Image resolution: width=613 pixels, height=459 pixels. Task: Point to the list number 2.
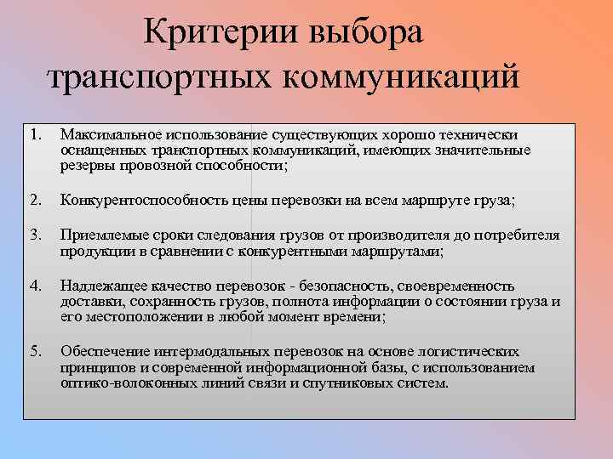(34, 201)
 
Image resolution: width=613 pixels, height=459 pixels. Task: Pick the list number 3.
(34, 235)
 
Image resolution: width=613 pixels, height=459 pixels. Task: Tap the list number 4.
(34, 286)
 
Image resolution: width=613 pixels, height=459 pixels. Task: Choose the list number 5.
(34, 351)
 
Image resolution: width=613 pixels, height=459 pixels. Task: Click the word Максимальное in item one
(107, 134)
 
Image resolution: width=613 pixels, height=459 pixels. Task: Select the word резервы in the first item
(84, 166)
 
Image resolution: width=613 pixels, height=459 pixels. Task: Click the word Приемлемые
(99, 235)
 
